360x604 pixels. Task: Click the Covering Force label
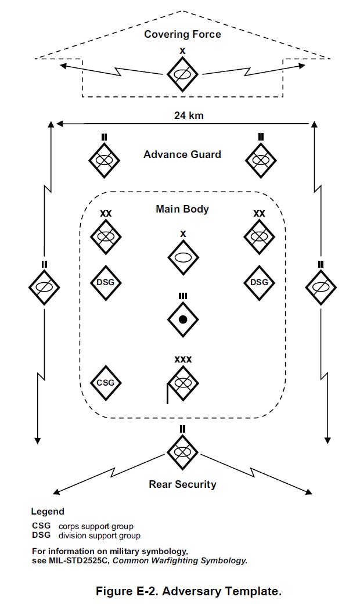pos(182,34)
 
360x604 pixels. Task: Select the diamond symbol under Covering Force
pos(183,74)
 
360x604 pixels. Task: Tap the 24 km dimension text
pos(189,115)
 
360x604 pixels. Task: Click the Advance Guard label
pos(182,154)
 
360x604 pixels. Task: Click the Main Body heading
pos(182,209)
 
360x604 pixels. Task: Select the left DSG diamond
pos(106,282)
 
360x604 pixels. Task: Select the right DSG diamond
pos(259,282)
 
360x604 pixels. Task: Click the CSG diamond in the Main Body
pos(106,383)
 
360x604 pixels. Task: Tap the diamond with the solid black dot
pos(183,319)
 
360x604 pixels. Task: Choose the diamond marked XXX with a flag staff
pos(183,383)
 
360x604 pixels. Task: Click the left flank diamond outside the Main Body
pos(45,287)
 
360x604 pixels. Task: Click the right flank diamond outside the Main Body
pos(321,287)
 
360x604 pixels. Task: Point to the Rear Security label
pos(182,484)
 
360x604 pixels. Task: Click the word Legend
pos(48,512)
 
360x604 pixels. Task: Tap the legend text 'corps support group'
pos(96,527)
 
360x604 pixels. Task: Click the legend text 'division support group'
pos(99,535)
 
